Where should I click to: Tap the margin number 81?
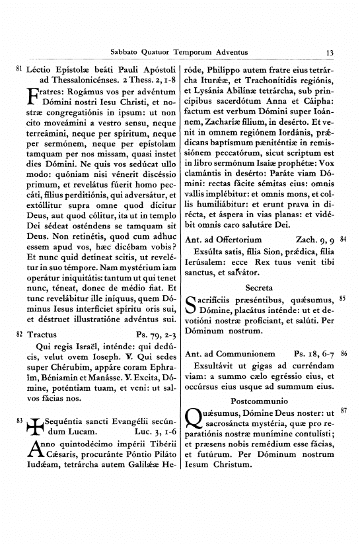[x=18, y=68]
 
